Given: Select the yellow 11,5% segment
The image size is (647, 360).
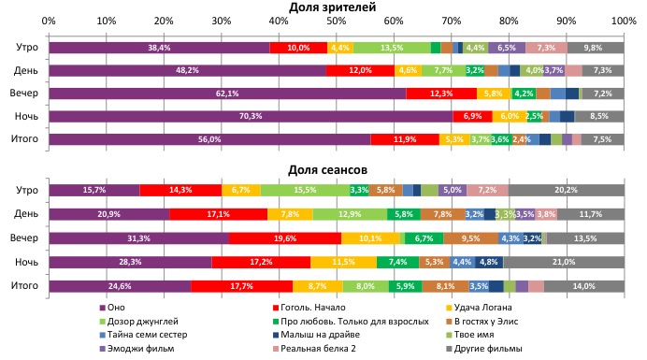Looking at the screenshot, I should (x=343, y=263).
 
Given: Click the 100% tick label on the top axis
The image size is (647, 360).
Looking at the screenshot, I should (x=622, y=21).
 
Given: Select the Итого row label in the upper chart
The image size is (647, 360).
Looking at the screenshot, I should (x=24, y=139).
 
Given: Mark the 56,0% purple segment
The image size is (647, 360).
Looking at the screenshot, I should (x=209, y=139).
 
